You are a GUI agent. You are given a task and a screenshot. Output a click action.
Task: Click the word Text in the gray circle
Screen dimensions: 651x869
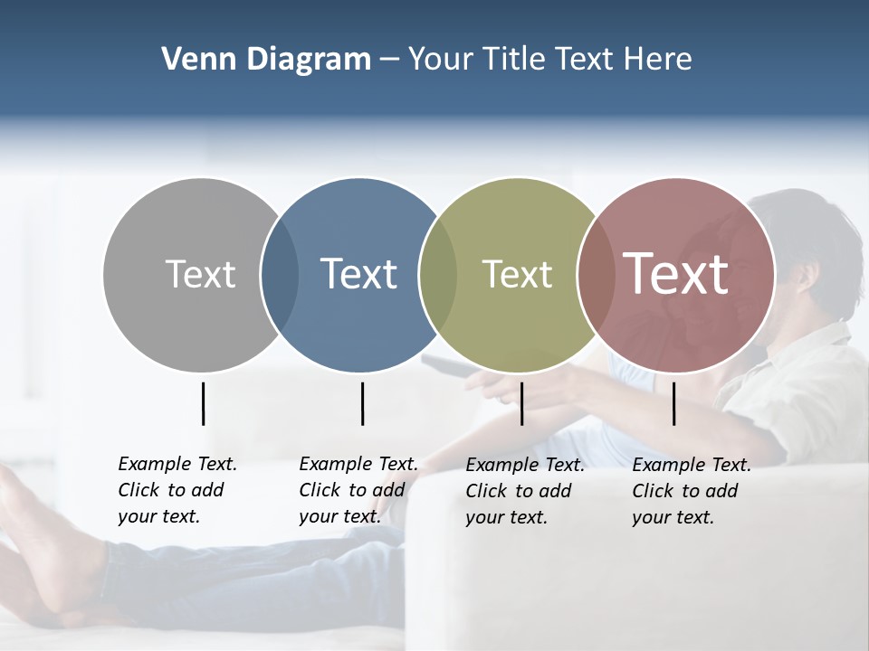200,274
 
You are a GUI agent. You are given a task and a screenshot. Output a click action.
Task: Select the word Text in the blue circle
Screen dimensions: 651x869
358,274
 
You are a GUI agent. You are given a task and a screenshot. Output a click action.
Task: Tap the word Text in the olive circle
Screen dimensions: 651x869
517,274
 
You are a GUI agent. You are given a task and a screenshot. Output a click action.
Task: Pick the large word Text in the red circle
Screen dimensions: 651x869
675,273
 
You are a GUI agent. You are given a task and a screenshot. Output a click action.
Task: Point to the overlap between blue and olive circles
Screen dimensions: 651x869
438,274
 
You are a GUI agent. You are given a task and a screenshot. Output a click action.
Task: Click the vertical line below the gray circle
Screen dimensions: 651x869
203,403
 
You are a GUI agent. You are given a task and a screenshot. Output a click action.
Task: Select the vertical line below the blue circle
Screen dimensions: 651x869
362,403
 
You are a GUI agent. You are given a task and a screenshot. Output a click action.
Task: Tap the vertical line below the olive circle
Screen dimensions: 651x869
521,403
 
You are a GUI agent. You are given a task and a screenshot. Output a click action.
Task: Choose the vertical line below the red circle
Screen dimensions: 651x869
673,403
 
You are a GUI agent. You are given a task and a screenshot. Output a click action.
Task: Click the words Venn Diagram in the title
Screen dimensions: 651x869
266,60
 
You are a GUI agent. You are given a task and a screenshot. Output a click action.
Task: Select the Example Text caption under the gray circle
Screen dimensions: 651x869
177,490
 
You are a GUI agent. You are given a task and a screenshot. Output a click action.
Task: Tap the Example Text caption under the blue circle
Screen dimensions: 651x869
358,490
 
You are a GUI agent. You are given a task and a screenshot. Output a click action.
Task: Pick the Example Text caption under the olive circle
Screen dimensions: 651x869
524,491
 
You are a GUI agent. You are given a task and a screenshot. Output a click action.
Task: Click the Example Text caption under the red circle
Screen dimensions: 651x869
691,491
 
